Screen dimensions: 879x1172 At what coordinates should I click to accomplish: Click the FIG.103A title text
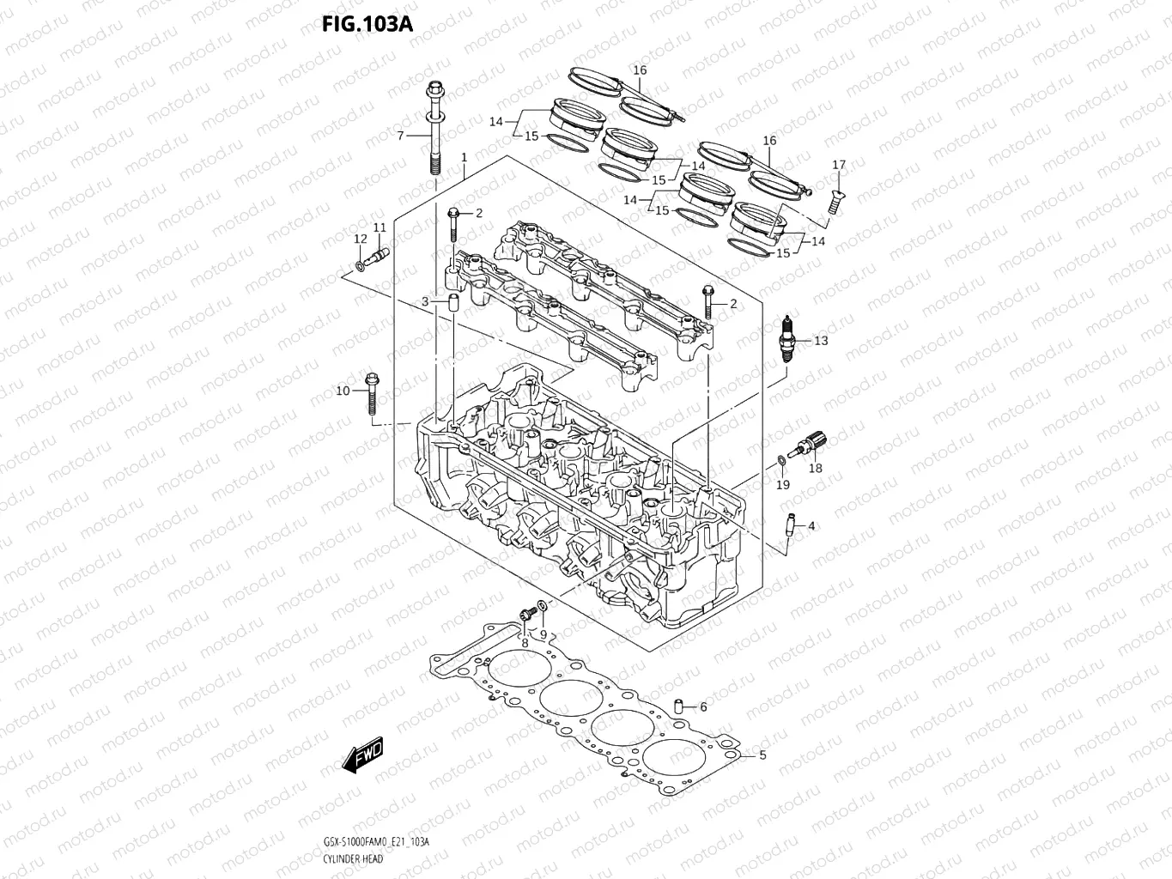[x=367, y=24]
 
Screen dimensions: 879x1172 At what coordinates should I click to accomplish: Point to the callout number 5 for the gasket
[x=762, y=755]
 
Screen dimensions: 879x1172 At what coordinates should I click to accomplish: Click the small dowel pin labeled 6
[x=677, y=707]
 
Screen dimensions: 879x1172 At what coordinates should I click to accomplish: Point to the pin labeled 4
[x=789, y=526]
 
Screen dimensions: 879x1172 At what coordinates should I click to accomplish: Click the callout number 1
[x=464, y=158]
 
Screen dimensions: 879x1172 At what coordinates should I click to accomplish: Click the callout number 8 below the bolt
[x=523, y=643]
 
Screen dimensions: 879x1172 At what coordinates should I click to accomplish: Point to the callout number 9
[x=543, y=634]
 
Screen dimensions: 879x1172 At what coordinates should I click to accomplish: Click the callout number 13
[x=821, y=341]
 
